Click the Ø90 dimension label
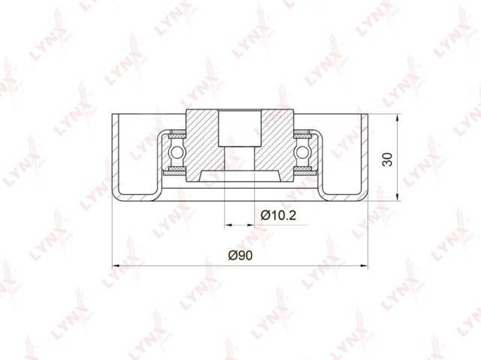click(x=240, y=255)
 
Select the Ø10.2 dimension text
click(x=278, y=216)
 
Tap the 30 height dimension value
click(x=388, y=159)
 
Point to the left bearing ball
click(x=177, y=152)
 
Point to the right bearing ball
click(x=302, y=152)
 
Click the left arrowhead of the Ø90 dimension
click(x=116, y=266)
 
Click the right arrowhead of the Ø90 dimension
click(x=365, y=266)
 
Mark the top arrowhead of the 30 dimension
click(x=398, y=118)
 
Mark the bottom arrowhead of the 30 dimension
click(x=398, y=197)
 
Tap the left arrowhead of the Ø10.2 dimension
click(x=228, y=225)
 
